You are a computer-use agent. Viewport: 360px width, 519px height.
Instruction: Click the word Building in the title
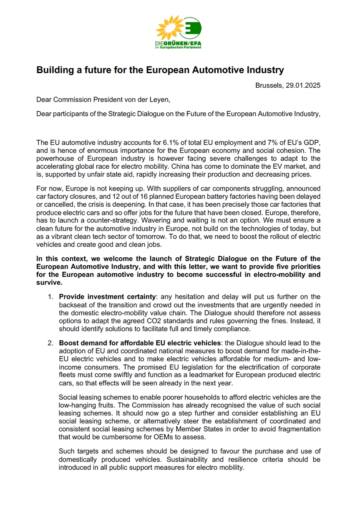55,70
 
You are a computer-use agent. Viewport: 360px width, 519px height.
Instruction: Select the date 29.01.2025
303,85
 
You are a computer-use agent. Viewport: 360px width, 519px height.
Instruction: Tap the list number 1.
50,297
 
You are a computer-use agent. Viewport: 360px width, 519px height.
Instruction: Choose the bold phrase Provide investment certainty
107,297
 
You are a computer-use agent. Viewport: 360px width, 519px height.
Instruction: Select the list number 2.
50,343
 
